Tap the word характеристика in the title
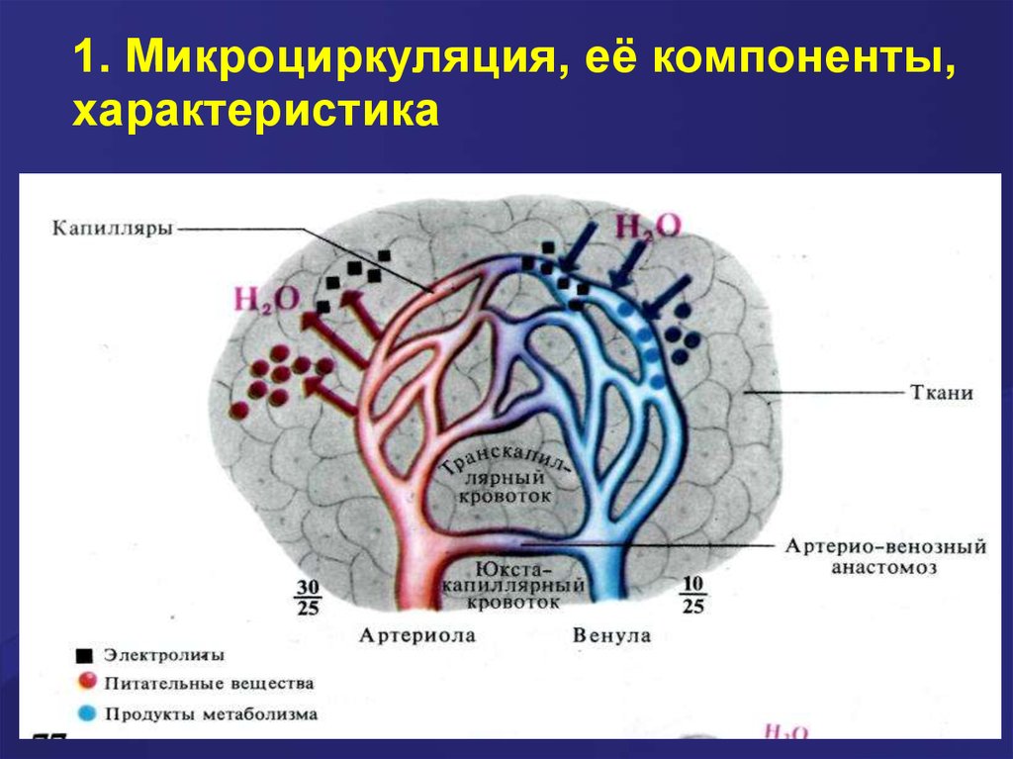tap(254, 111)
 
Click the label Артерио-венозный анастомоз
tap(885, 557)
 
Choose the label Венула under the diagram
tap(611, 635)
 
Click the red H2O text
tap(266, 297)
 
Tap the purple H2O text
tap(648, 226)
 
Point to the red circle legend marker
tap(86, 682)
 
